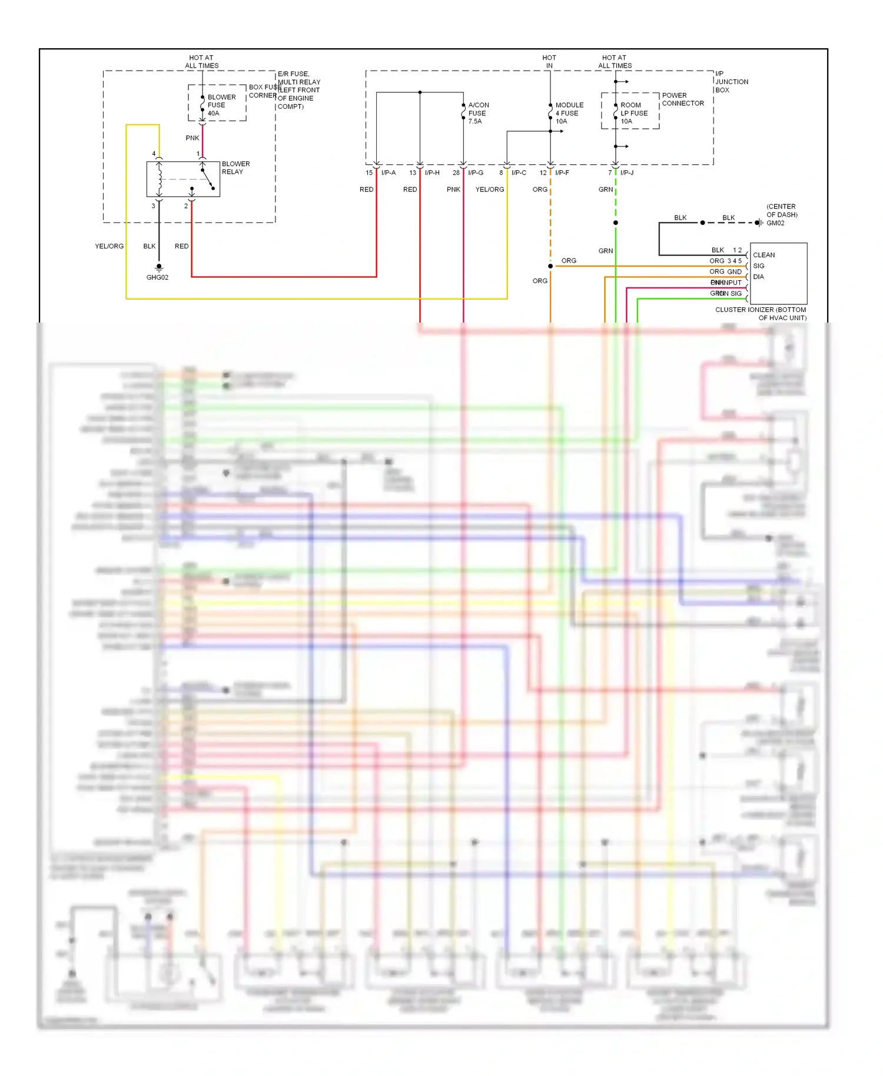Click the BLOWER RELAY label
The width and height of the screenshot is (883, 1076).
coord(235,168)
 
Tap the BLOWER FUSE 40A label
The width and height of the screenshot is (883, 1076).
coord(221,105)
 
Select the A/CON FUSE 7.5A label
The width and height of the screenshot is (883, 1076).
coord(478,113)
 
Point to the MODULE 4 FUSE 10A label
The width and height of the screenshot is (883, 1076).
coord(569,113)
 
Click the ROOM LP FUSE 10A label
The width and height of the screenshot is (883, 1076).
coord(633,113)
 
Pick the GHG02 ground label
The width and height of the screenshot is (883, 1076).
coord(157,277)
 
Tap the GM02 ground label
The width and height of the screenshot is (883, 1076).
coord(775,223)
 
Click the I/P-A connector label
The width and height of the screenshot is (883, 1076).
coord(389,173)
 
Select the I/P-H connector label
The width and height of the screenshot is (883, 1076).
coord(432,173)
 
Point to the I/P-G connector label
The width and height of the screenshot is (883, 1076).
coord(476,173)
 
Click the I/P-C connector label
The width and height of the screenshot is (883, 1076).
coord(519,173)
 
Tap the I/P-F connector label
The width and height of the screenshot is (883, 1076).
coord(562,173)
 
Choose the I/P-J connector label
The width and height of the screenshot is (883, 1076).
coord(627,173)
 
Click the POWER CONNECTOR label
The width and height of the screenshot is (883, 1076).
coord(682,99)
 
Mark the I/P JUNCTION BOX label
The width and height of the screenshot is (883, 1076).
coord(731,82)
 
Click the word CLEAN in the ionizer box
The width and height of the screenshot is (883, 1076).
coord(764,255)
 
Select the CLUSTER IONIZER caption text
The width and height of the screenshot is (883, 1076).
coord(761,314)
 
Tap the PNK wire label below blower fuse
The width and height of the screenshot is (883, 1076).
coord(192,138)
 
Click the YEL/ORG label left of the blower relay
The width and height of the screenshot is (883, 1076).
coord(109,247)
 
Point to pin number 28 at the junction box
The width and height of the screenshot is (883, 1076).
coord(456,173)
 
